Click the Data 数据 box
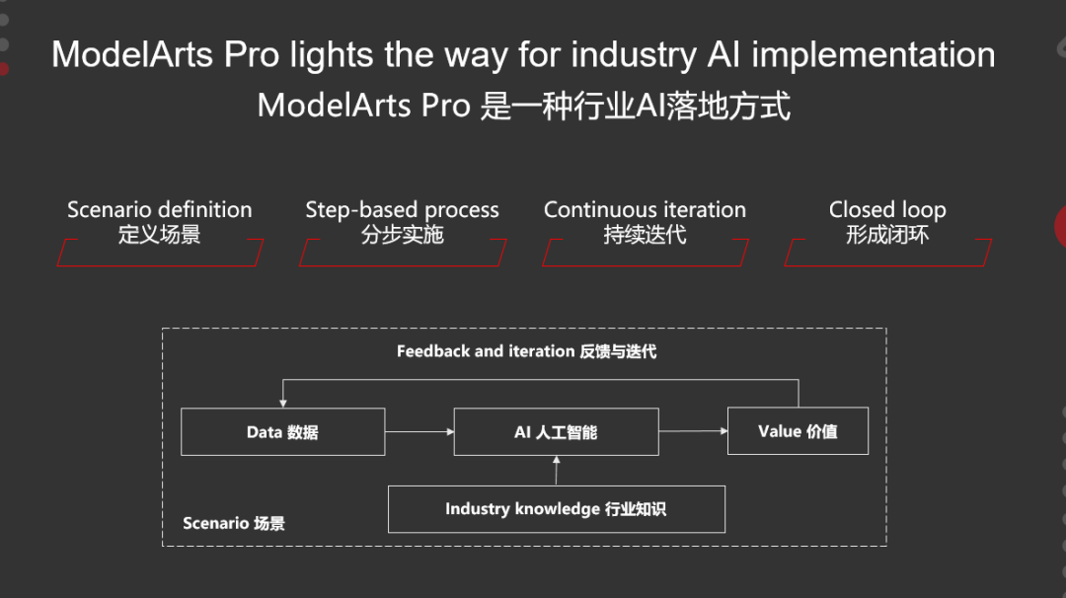tap(282, 432)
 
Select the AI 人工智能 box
tap(556, 432)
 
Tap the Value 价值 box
tap(798, 431)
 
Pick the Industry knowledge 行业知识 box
tap(556, 509)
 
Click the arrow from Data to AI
tap(419, 432)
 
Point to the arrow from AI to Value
tap(692, 431)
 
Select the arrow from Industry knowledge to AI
tap(556, 471)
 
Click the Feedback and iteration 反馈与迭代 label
tap(526, 351)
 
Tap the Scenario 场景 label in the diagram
tap(234, 523)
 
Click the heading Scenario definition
tap(160, 210)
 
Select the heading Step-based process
tap(402, 210)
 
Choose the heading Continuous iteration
tap(645, 210)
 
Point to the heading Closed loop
tap(887, 210)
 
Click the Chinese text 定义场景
tap(160, 235)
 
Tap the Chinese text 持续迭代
tap(645, 235)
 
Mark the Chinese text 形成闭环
tap(887, 235)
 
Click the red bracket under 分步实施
tap(403, 254)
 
